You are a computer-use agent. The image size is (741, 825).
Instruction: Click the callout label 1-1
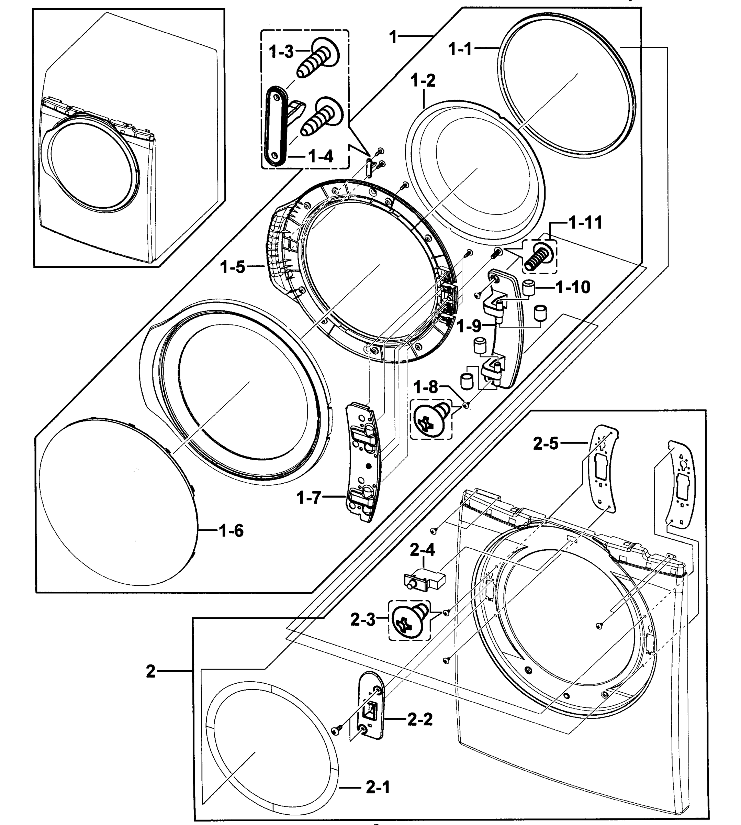[460, 49]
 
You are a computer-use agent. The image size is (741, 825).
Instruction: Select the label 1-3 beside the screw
[281, 52]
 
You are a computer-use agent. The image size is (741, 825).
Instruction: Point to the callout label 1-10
[573, 287]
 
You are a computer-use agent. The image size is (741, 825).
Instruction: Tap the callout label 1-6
[231, 530]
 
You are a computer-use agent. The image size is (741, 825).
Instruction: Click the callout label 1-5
[233, 267]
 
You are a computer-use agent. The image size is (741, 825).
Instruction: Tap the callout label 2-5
[546, 443]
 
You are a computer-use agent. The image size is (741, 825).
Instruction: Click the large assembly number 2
[151, 671]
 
